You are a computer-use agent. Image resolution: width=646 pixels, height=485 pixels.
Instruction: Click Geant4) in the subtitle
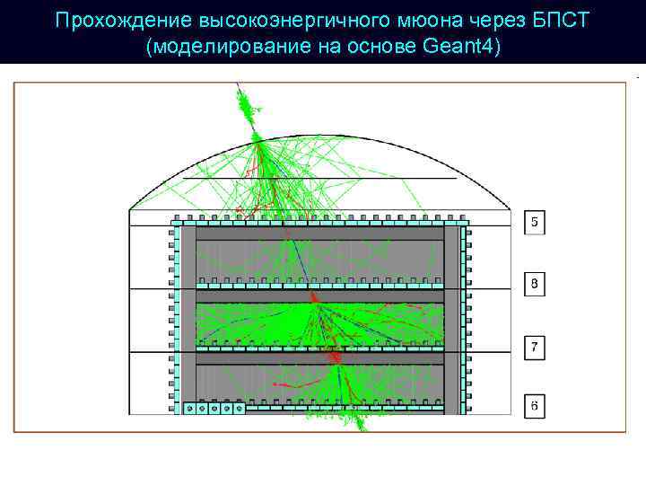click(460, 46)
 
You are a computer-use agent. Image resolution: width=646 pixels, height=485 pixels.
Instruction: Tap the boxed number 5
click(535, 222)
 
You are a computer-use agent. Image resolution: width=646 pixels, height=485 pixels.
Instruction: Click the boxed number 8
click(535, 285)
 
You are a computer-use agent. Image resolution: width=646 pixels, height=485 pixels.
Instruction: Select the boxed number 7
click(535, 347)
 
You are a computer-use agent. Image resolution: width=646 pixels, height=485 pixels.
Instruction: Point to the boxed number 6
click(535, 407)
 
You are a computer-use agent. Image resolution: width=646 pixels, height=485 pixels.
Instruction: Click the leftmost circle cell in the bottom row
click(189, 409)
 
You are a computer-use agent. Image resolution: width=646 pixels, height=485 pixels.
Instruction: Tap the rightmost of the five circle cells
click(238, 409)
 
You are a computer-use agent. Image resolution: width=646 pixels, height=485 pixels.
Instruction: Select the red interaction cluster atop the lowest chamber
click(337, 358)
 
